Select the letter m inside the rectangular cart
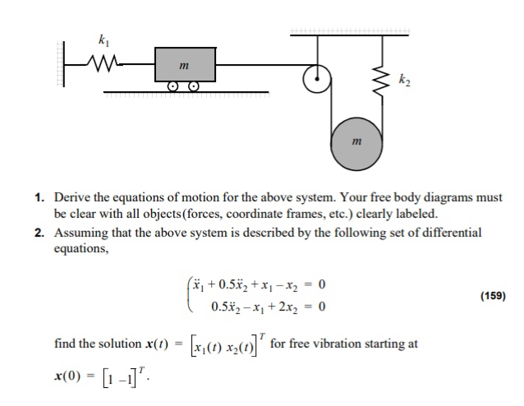point(186,64)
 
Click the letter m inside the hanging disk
point(356,142)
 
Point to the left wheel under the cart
point(173,85)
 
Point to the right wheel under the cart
point(194,85)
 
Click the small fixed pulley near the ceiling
point(314,80)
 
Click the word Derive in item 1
point(72,198)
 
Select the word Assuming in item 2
point(83,233)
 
